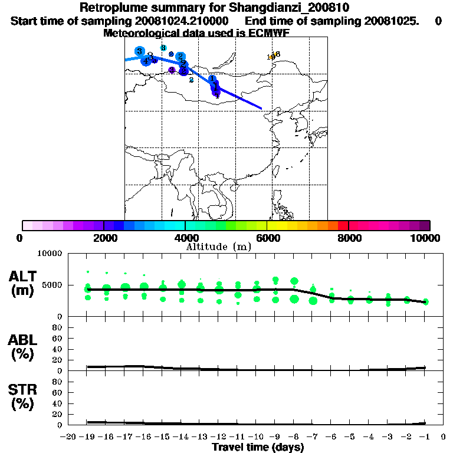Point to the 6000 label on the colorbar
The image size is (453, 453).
267,238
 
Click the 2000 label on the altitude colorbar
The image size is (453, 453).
104,238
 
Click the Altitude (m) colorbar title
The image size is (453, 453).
218,247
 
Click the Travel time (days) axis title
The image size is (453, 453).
258,448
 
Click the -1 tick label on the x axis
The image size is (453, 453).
424,436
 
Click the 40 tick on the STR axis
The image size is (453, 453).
57,403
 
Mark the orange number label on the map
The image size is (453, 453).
274,55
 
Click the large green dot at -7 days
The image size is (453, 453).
313,301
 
